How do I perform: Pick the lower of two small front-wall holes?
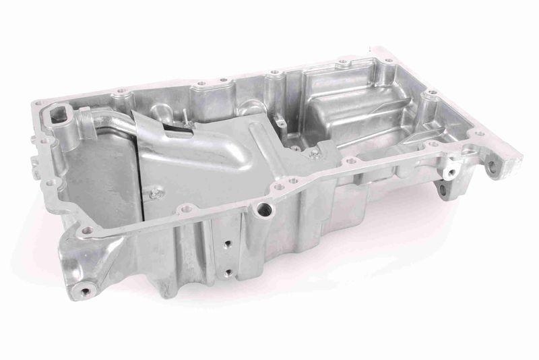(228, 272)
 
